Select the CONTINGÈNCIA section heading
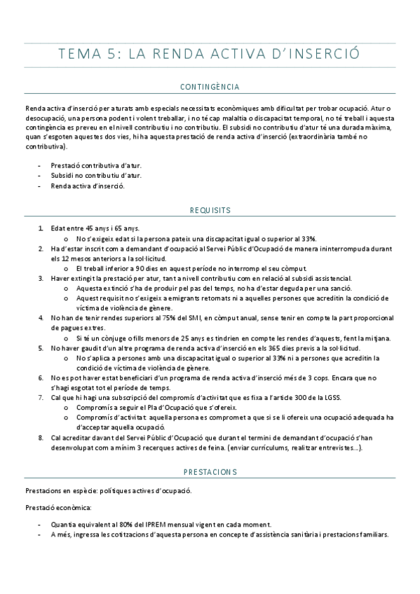(x=210, y=88)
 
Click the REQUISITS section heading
(x=210, y=209)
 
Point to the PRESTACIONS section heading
(x=210, y=472)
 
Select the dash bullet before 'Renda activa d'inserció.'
(x=39, y=187)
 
